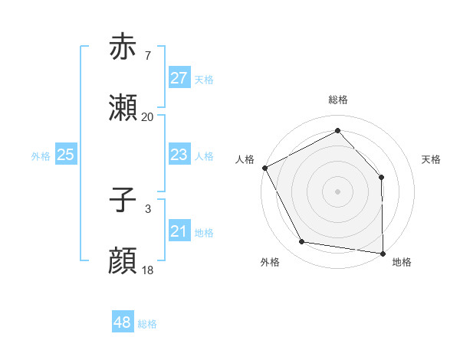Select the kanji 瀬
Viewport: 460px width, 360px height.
pos(123,109)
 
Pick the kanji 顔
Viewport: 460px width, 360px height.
pos(123,262)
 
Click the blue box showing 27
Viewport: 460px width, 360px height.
pos(179,78)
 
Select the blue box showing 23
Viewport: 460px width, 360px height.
pos(179,155)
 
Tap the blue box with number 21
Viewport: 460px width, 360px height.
pos(179,231)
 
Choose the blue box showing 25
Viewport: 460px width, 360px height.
pos(66,155)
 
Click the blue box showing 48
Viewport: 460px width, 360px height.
pos(122,322)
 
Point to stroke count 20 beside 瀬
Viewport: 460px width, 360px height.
pos(147,117)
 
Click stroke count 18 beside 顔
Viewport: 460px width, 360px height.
pos(147,270)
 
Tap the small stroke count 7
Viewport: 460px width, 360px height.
pos(147,55)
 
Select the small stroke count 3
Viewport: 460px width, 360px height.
pos(147,208)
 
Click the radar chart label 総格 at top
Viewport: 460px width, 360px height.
pos(337,100)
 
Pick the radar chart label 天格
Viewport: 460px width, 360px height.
pos(431,159)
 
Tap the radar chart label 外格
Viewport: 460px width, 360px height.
pos(270,262)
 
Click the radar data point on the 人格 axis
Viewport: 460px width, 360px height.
pos(264,168)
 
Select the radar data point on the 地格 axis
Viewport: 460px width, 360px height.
pos(383,253)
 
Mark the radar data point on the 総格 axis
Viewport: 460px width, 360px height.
pos(337,130)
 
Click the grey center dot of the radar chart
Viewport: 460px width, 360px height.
pos(337,191)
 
